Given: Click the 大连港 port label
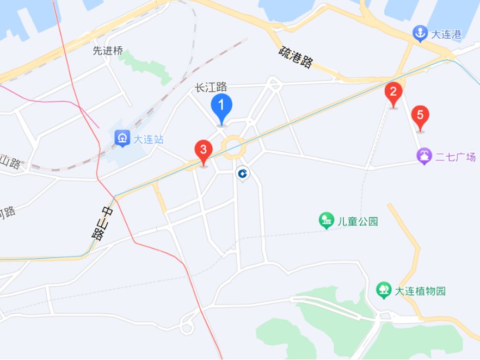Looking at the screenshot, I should click(x=446, y=34).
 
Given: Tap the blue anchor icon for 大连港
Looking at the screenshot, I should click(x=420, y=34).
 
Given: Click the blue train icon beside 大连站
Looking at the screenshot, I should click(x=122, y=138).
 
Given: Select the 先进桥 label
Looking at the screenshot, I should click(x=108, y=50).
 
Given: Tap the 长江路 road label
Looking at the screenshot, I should click(x=211, y=87).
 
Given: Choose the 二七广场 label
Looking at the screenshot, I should click(x=455, y=157).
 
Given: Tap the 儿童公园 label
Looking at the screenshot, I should click(x=358, y=221).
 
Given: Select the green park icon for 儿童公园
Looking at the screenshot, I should click(x=326, y=220).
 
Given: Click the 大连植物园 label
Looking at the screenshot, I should click(x=420, y=291).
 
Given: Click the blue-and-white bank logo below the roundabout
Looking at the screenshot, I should click(x=242, y=173).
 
